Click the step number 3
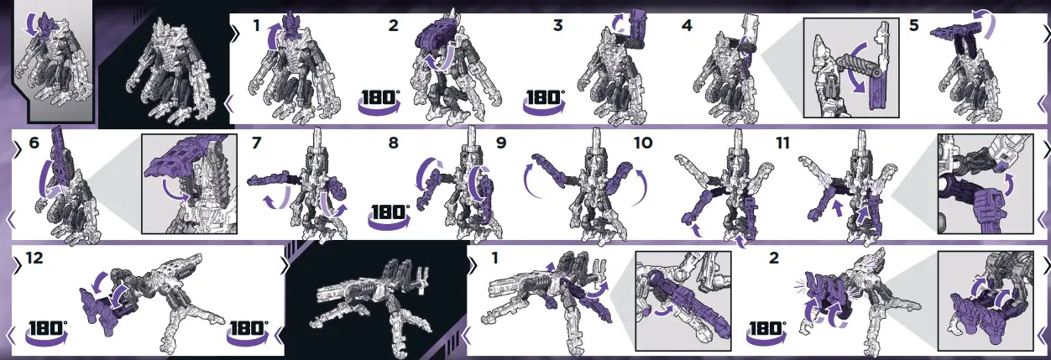pos(557,26)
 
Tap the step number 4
pos(687,26)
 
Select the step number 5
pos(914,26)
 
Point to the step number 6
pos(34,143)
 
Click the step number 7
pos(258,143)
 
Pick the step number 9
pos(501,143)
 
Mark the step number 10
pos(642,143)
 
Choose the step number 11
pos(782,143)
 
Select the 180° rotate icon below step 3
pos(544,98)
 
